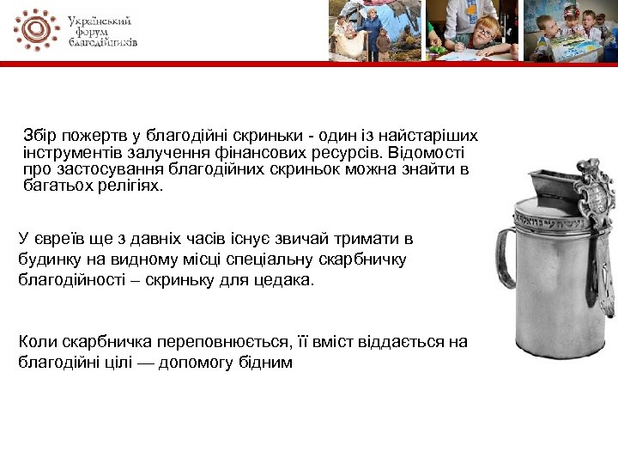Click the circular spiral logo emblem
[x=36, y=29]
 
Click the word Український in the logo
[x=100, y=20]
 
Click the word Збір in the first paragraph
[x=41, y=136]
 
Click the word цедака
[x=286, y=280]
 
